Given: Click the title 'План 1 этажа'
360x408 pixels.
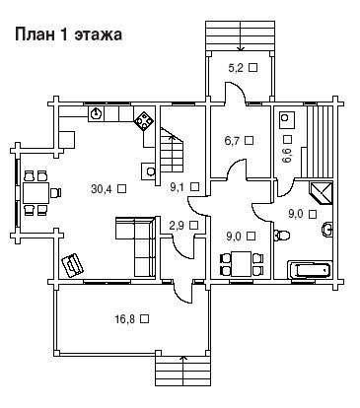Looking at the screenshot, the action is tap(68, 34).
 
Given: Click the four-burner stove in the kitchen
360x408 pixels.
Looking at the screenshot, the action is tap(144, 120).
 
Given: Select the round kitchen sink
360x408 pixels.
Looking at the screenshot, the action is tap(96, 113).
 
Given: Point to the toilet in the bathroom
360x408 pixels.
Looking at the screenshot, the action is tap(282, 235).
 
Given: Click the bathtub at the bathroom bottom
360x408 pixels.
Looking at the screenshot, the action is tap(309, 270).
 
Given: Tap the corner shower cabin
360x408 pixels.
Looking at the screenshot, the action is tap(321, 193).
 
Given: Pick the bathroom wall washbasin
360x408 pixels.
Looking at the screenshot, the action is tap(327, 229).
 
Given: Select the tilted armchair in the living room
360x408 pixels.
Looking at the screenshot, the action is tap(72, 265).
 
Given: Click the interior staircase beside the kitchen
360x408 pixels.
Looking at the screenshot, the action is tap(172, 154).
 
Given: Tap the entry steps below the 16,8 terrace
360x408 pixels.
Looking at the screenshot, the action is tap(182, 372).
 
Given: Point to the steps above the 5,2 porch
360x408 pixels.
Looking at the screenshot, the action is tap(240, 35).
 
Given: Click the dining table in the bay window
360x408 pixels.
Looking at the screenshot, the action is tap(36, 193).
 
